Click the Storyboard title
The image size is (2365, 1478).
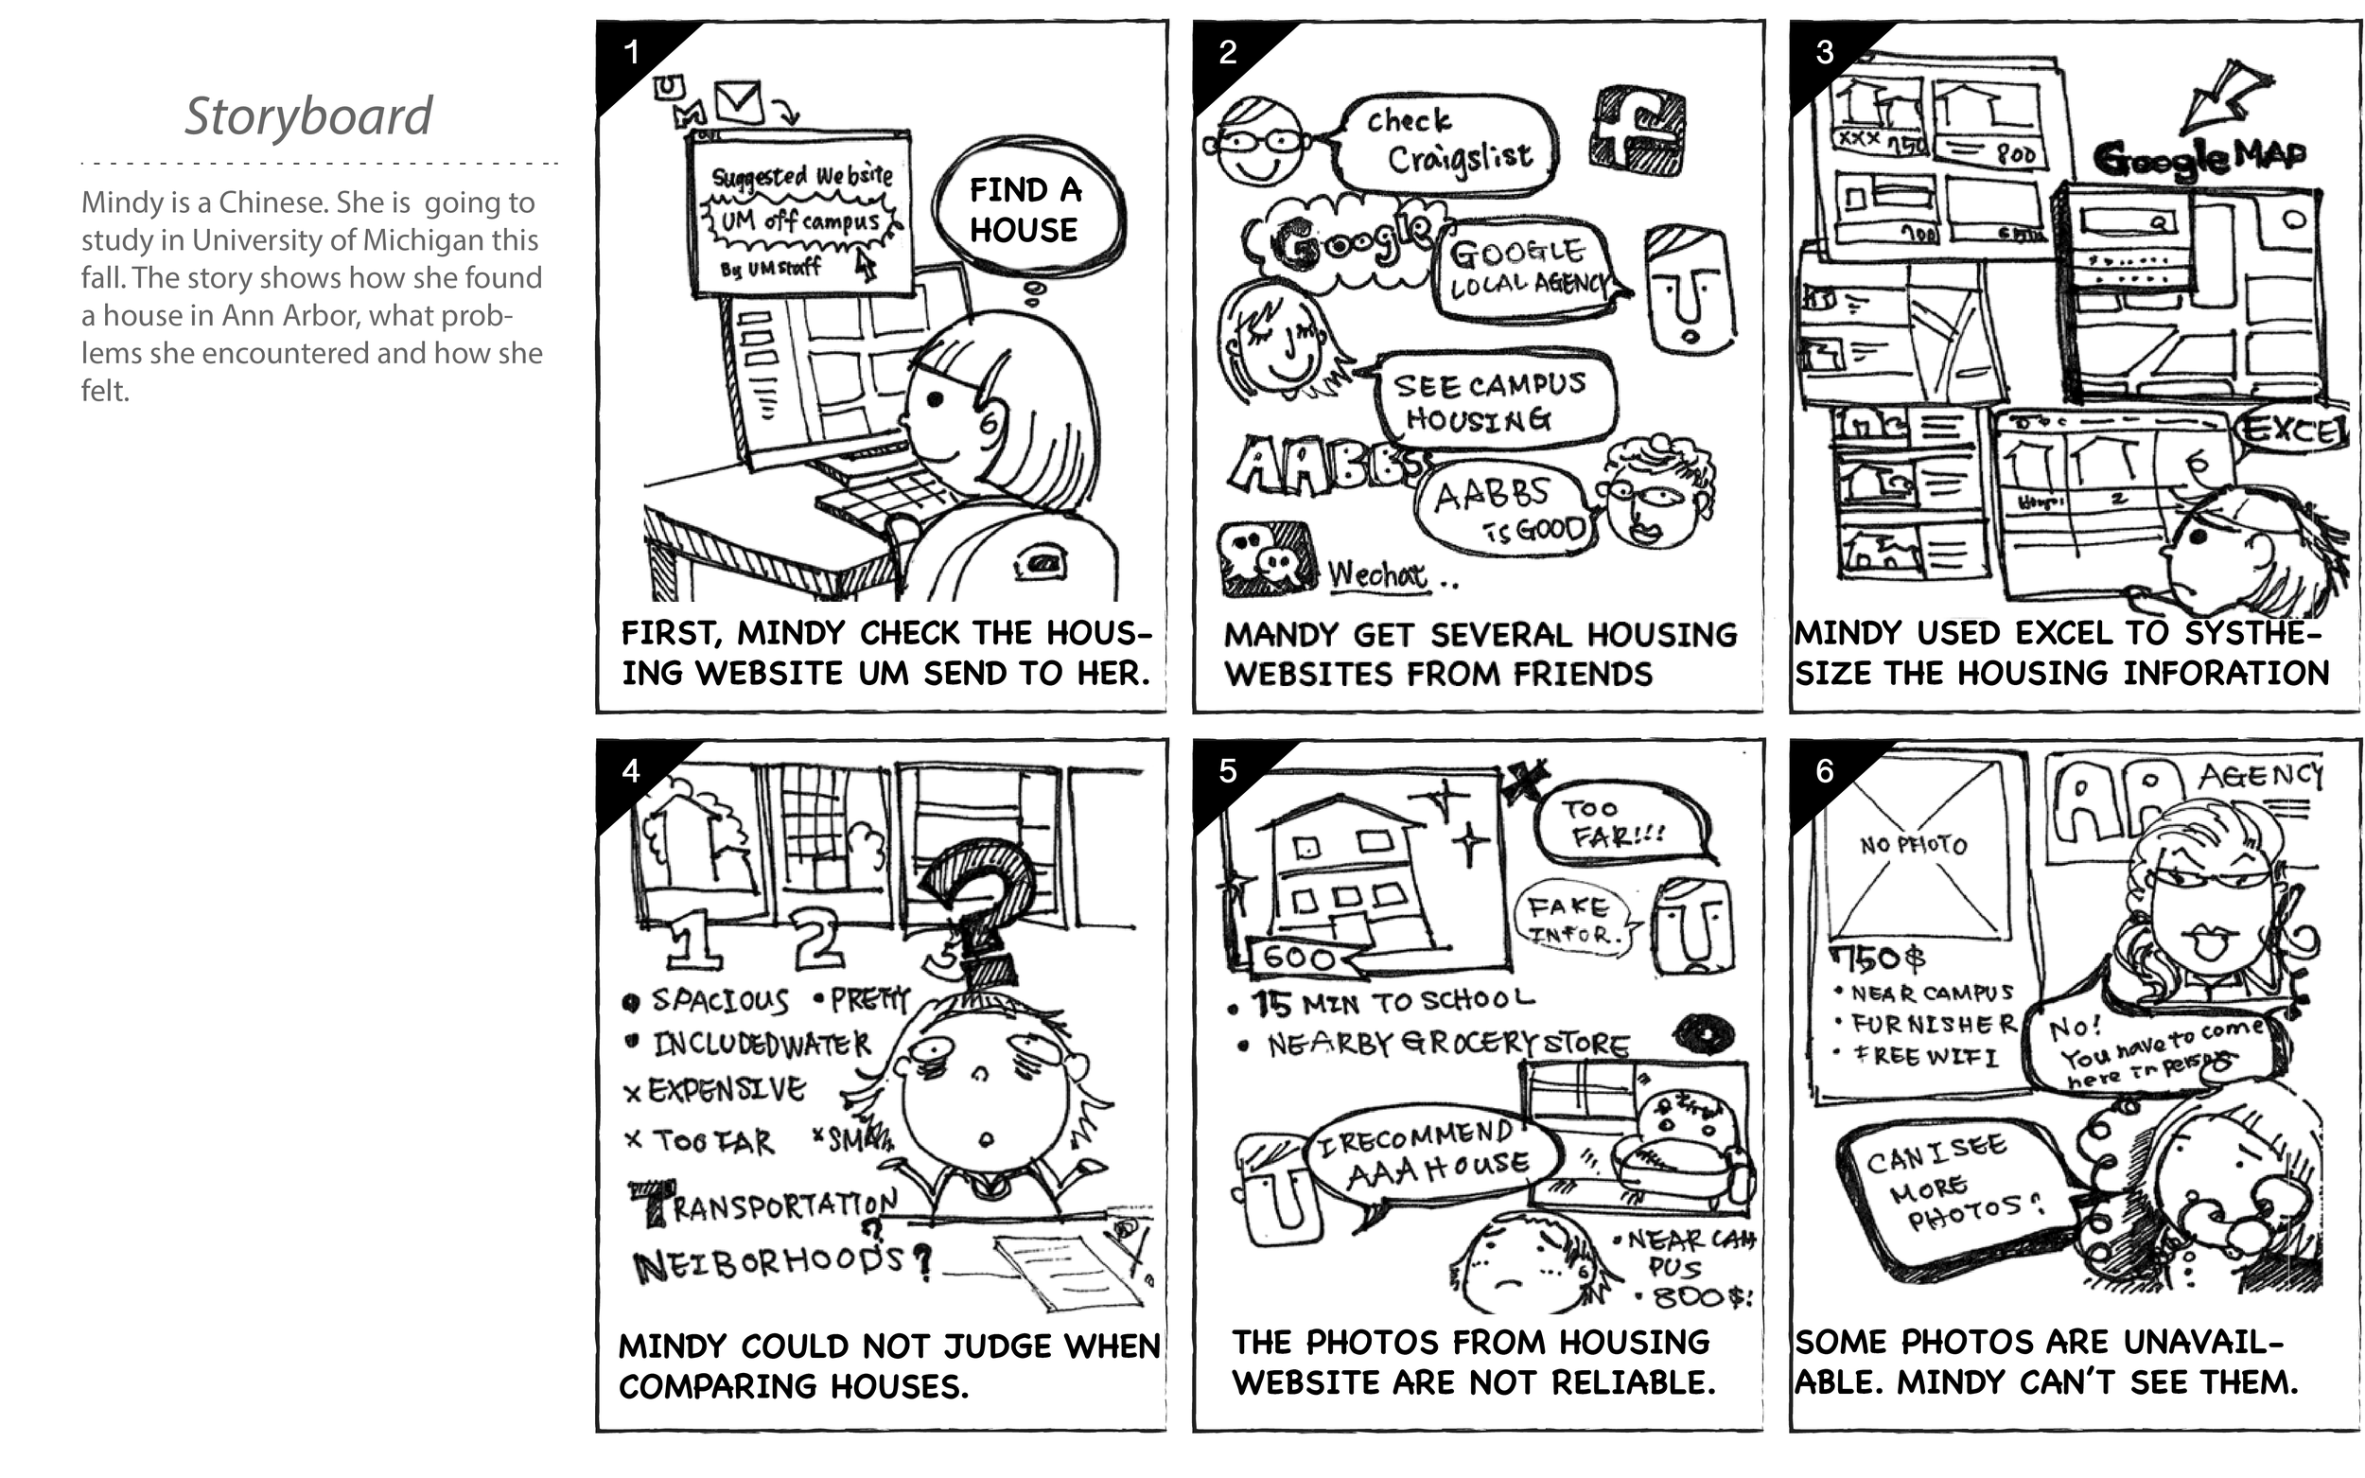click(x=307, y=116)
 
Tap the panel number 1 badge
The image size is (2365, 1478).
click(x=632, y=52)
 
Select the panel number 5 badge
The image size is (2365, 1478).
click(x=1228, y=771)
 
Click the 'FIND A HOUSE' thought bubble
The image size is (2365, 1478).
click(x=1025, y=210)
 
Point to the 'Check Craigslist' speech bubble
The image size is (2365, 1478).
click(x=1446, y=143)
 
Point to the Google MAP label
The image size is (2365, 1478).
click(x=2199, y=156)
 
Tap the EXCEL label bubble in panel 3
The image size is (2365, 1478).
click(x=2293, y=431)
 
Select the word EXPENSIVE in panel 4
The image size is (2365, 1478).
click(x=727, y=1089)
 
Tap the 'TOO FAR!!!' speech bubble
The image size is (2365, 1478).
click(x=1618, y=822)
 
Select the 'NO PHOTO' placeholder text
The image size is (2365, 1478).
click(x=1913, y=844)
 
